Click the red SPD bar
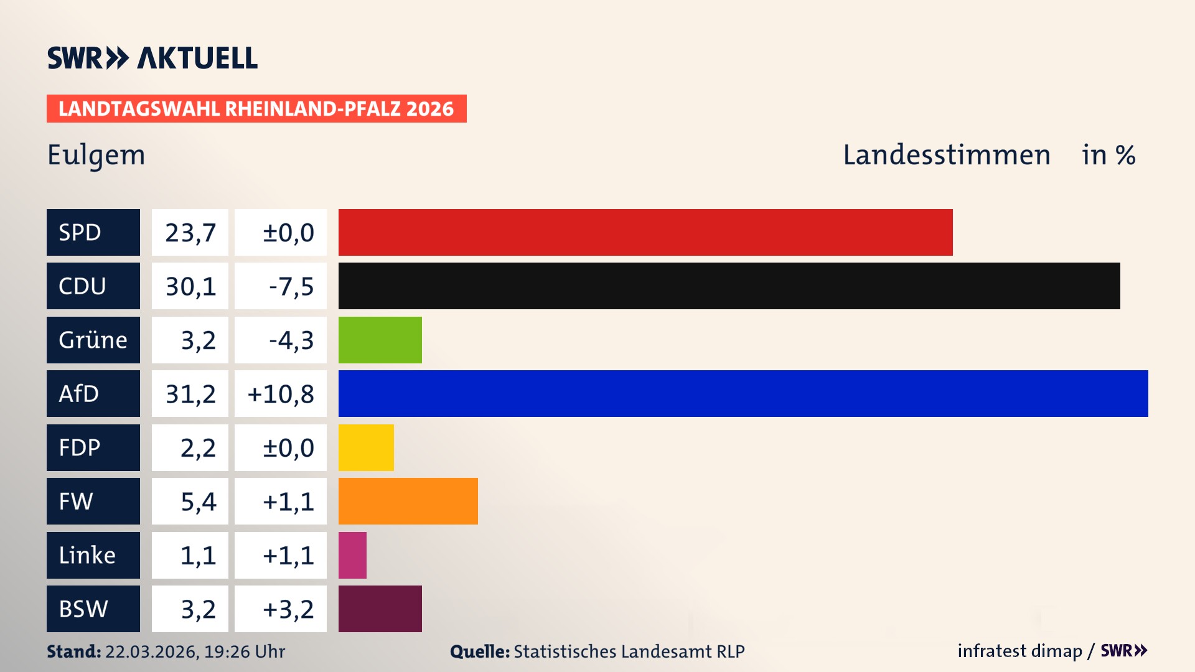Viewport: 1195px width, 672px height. click(645, 232)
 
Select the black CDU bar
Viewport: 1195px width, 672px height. click(729, 286)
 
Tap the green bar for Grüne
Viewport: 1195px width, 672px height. click(380, 340)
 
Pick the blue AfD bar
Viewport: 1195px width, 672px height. click(743, 393)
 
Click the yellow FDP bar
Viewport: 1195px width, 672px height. click(366, 447)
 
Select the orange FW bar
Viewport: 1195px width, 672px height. click(408, 501)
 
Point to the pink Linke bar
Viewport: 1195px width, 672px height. click(352, 555)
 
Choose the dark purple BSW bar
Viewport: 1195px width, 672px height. click(380, 609)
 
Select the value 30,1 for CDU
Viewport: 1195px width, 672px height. click(190, 286)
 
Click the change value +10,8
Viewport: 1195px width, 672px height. click(281, 394)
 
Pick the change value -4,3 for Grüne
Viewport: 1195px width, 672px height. click(291, 340)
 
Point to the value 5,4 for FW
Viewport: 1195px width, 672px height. click(198, 502)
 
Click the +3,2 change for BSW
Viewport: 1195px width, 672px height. click(288, 609)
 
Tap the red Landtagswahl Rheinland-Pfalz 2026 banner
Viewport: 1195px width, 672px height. click(256, 109)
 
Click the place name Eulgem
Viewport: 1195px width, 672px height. click(96, 155)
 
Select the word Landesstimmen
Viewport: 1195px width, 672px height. click(946, 155)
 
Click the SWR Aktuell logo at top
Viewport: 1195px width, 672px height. click(152, 58)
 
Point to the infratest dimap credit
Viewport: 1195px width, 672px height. click(1019, 651)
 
